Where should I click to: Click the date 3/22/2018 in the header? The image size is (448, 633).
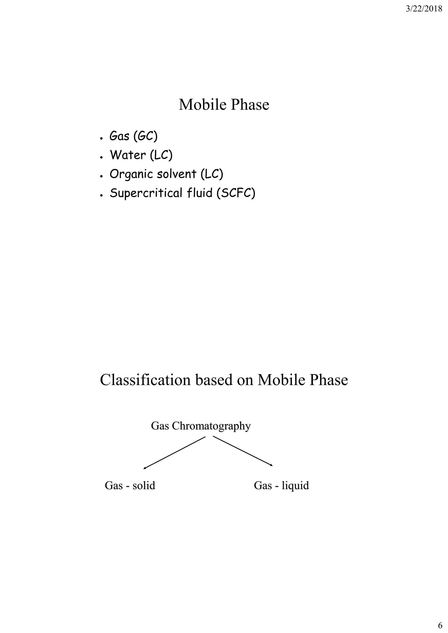(x=424, y=9)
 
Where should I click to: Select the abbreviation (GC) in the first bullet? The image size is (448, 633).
(x=145, y=136)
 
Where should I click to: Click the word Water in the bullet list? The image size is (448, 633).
(x=128, y=155)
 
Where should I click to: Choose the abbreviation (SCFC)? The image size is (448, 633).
(x=236, y=193)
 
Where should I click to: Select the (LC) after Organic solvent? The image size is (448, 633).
(x=212, y=174)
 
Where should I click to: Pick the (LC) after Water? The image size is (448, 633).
(x=161, y=155)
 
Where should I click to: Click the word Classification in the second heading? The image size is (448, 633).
(x=145, y=380)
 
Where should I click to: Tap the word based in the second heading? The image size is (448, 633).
(x=214, y=380)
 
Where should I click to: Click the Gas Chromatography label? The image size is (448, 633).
(x=201, y=426)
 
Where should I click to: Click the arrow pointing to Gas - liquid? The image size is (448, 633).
(x=243, y=451)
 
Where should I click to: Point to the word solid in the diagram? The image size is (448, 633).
(x=143, y=486)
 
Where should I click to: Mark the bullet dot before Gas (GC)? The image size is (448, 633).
(x=101, y=138)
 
